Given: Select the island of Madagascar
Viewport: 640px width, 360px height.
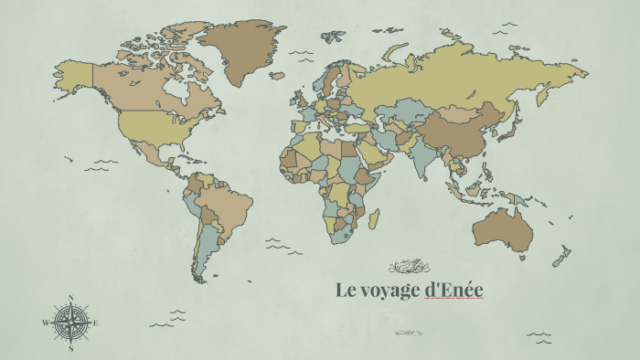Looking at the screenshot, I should pyautogui.click(x=373, y=218).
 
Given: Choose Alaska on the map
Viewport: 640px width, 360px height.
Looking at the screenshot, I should pyautogui.click(x=73, y=76).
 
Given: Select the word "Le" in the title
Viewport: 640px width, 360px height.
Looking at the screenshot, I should pyautogui.click(x=345, y=291).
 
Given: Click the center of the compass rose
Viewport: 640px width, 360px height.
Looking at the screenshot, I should pyautogui.click(x=70, y=322).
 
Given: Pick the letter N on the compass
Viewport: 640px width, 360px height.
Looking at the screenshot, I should pyautogui.click(x=70, y=297).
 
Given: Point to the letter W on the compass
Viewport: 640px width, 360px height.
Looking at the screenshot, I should pyautogui.click(x=45, y=323).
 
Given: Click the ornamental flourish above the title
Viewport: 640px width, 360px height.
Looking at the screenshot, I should pyautogui.click(x=409, y=267).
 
